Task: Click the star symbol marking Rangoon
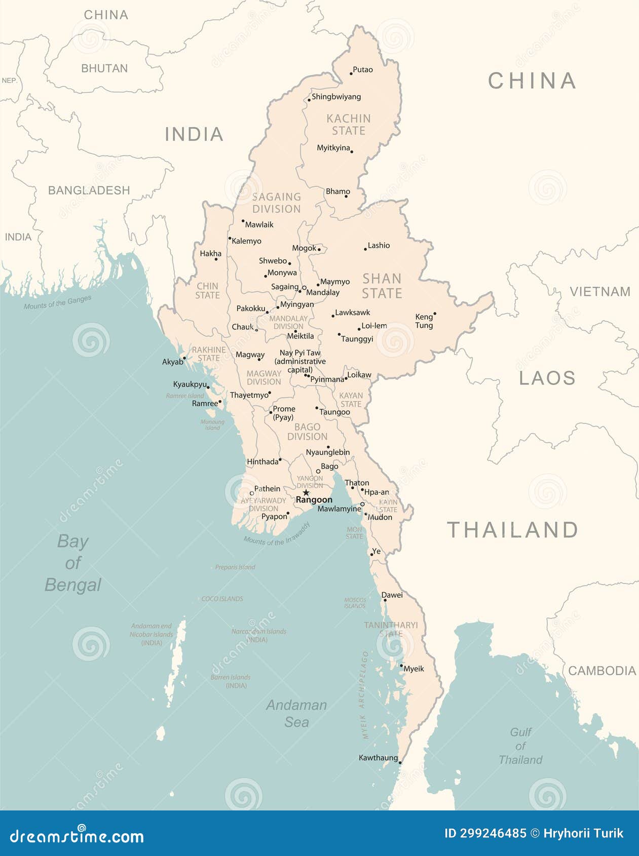pyautogui.click(x=306, y=492)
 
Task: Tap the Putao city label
pyautogui.click(x=363, y=70)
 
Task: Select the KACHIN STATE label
pyautogui.click(x=349, y=125)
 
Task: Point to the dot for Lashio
pyautogui.click(x=365, y=249)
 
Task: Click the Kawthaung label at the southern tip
pyautogui.click(x=378, y=758)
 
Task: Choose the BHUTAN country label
pyautogui.click(x=104, y=68)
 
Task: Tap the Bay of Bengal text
pyautogui.click(x=73, y=563)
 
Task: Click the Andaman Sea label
pyautogui.click(x=296, y=713)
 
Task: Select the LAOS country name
pyautogui.click(x=547, y=378)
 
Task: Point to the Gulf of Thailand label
pyautogui.click(x=520, y=746)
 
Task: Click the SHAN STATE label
pyautogui.click(x=382, y=286)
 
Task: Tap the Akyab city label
pyautogui.click(x=173, y=362)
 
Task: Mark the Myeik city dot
pyautogui.click(x=401, y=666)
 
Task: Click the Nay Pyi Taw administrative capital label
pyautogui.click(x=300, y=361)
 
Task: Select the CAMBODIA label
pyautogui.click(x=602, y=671)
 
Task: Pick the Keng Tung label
pyautogui.click(x=424, y=321)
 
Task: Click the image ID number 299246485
pyautogui.click(x=485, y=833)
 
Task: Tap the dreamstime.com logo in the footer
pyautogui.click(x=77, y=836)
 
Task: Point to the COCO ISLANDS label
pyautogui.click(x=222, y=599)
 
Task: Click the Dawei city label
pyautogui.click(x=392, y=595)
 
